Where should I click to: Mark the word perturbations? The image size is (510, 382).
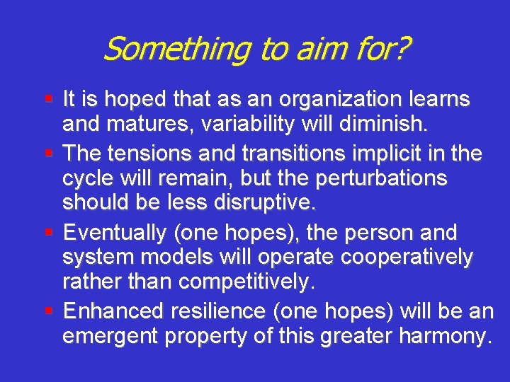pyautogui.click(x=375, y=178)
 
